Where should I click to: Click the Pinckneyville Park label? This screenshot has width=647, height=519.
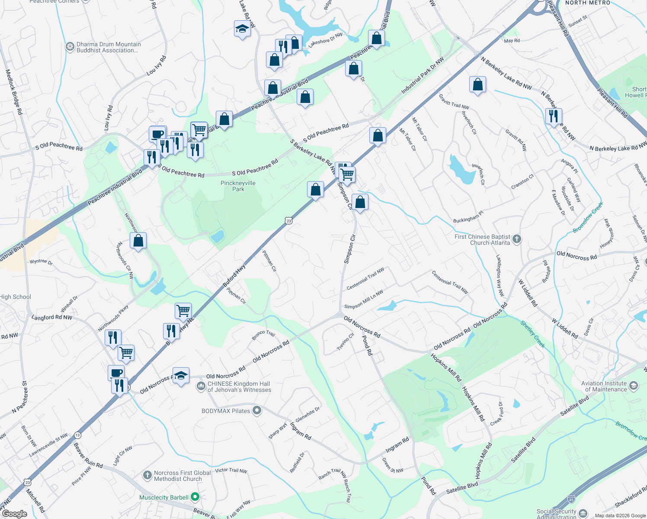point(238,186)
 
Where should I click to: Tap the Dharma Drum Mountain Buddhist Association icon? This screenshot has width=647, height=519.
point(70,47)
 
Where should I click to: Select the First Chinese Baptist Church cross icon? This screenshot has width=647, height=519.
point(517,239)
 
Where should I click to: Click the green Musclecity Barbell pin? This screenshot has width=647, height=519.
point(195,497)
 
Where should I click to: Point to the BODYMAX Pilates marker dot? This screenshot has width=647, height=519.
point(257,410)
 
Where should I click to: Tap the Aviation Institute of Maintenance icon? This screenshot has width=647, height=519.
point(634,386)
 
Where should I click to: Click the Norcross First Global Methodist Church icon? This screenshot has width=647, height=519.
point(147,476)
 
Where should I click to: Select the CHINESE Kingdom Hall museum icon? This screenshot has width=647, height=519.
point(201,386)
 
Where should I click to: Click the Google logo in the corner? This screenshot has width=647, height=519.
point(14,514)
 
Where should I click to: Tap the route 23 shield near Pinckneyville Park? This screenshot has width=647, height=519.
point(289,221)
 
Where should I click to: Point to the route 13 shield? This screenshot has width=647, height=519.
point(77,435)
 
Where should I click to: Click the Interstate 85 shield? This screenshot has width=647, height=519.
point(571,500)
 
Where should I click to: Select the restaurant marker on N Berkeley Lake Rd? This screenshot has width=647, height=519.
point(554,116)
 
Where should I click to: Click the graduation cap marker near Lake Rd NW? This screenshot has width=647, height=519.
point(242,29)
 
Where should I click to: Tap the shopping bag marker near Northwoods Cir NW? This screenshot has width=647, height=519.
point(138,241)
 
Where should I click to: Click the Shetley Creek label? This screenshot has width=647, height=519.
point(533,334)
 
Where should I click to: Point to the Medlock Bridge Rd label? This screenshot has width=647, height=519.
point(14,92)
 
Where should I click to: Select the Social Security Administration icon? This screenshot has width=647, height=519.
point(583,514)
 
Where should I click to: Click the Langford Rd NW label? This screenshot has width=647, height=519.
point(52,317)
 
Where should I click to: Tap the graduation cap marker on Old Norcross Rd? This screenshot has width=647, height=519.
point(181,376)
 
